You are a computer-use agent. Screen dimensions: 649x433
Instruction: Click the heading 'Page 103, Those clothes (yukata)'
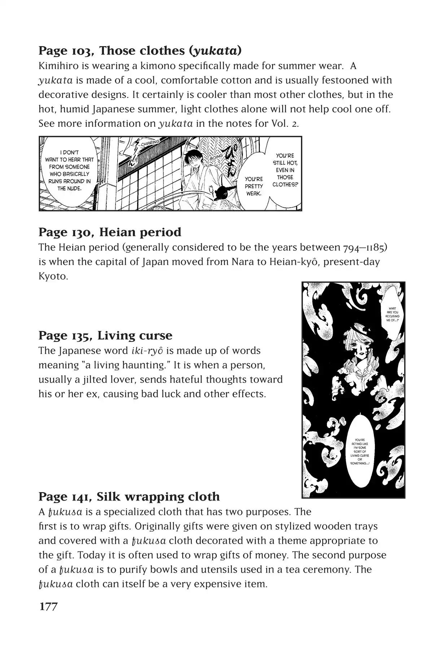pyautogui.click(x=140, y=51)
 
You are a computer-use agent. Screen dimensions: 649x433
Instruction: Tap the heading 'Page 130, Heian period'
pyautogui.click(x=110, y=232)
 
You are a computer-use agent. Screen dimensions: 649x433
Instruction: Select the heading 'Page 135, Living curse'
pyautogui.click(x=105, y=336)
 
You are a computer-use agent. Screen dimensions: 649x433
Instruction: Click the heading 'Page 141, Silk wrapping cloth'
pyautogui.click(x=129, y=497)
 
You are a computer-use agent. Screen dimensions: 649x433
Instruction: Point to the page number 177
pyautogui.click(x=48, y=607)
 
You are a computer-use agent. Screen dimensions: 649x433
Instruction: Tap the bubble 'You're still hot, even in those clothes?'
pyautogui.click(x=285, y=170)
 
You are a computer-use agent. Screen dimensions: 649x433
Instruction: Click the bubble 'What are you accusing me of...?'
pyautogui.click(x=392, y=314)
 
